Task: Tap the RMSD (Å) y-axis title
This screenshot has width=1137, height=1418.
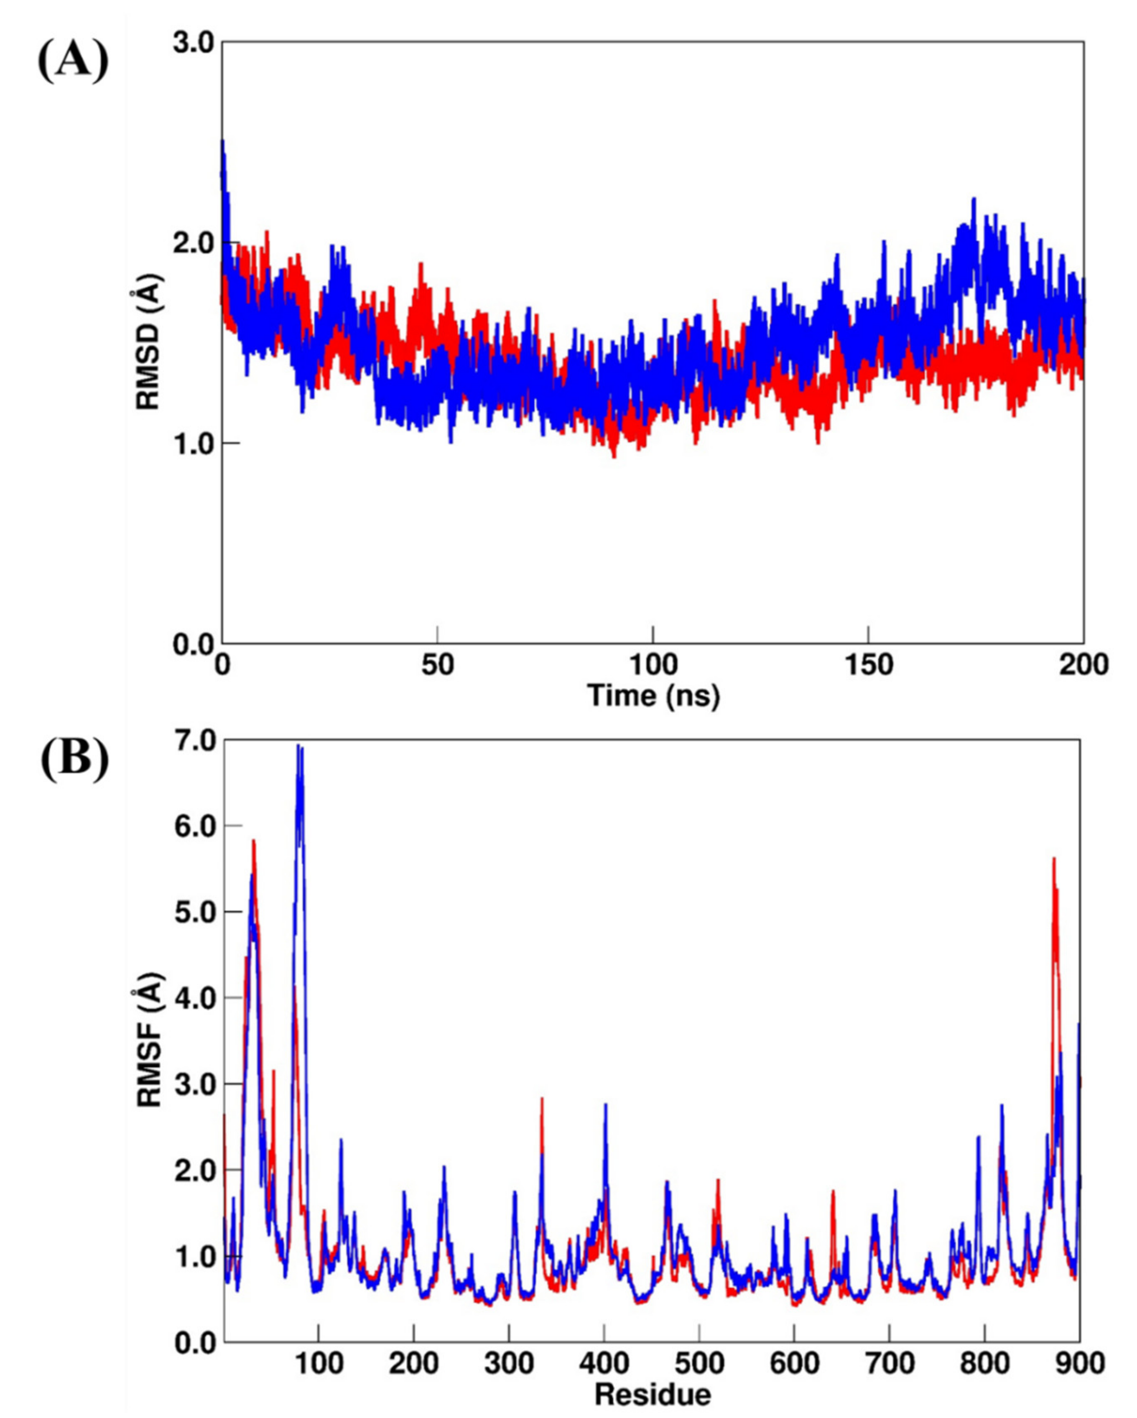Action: tap(149, 342)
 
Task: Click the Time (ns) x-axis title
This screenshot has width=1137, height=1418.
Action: tap(653, 695)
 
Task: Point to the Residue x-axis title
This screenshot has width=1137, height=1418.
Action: tap(653, 1393)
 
